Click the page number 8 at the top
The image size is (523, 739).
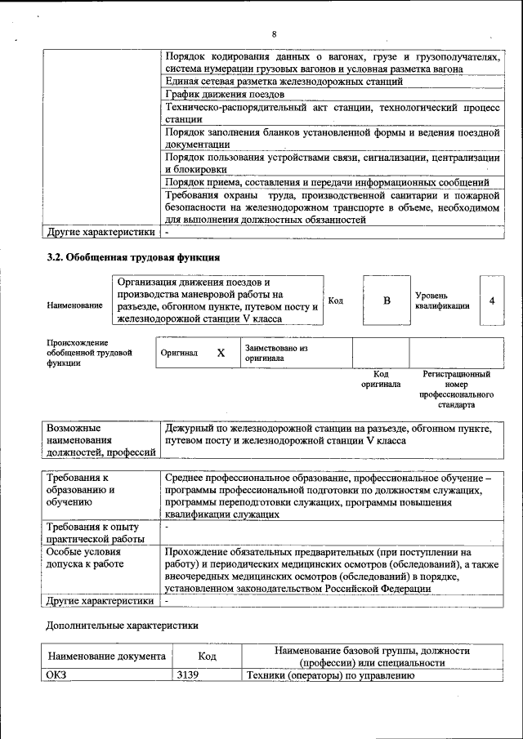click(275, 33)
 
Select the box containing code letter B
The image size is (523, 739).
click(387, 300)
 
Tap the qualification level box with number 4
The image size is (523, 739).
click(492, 300)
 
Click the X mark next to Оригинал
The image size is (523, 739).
click(221, 353)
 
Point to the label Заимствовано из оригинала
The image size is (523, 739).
click(275, 353)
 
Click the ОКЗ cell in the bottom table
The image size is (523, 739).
click(56, 675)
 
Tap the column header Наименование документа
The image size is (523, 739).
click(107, 657)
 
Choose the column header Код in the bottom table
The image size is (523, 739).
click(207, 657)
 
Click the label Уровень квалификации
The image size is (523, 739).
click(442, 300)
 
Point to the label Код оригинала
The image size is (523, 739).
click(381, 379)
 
